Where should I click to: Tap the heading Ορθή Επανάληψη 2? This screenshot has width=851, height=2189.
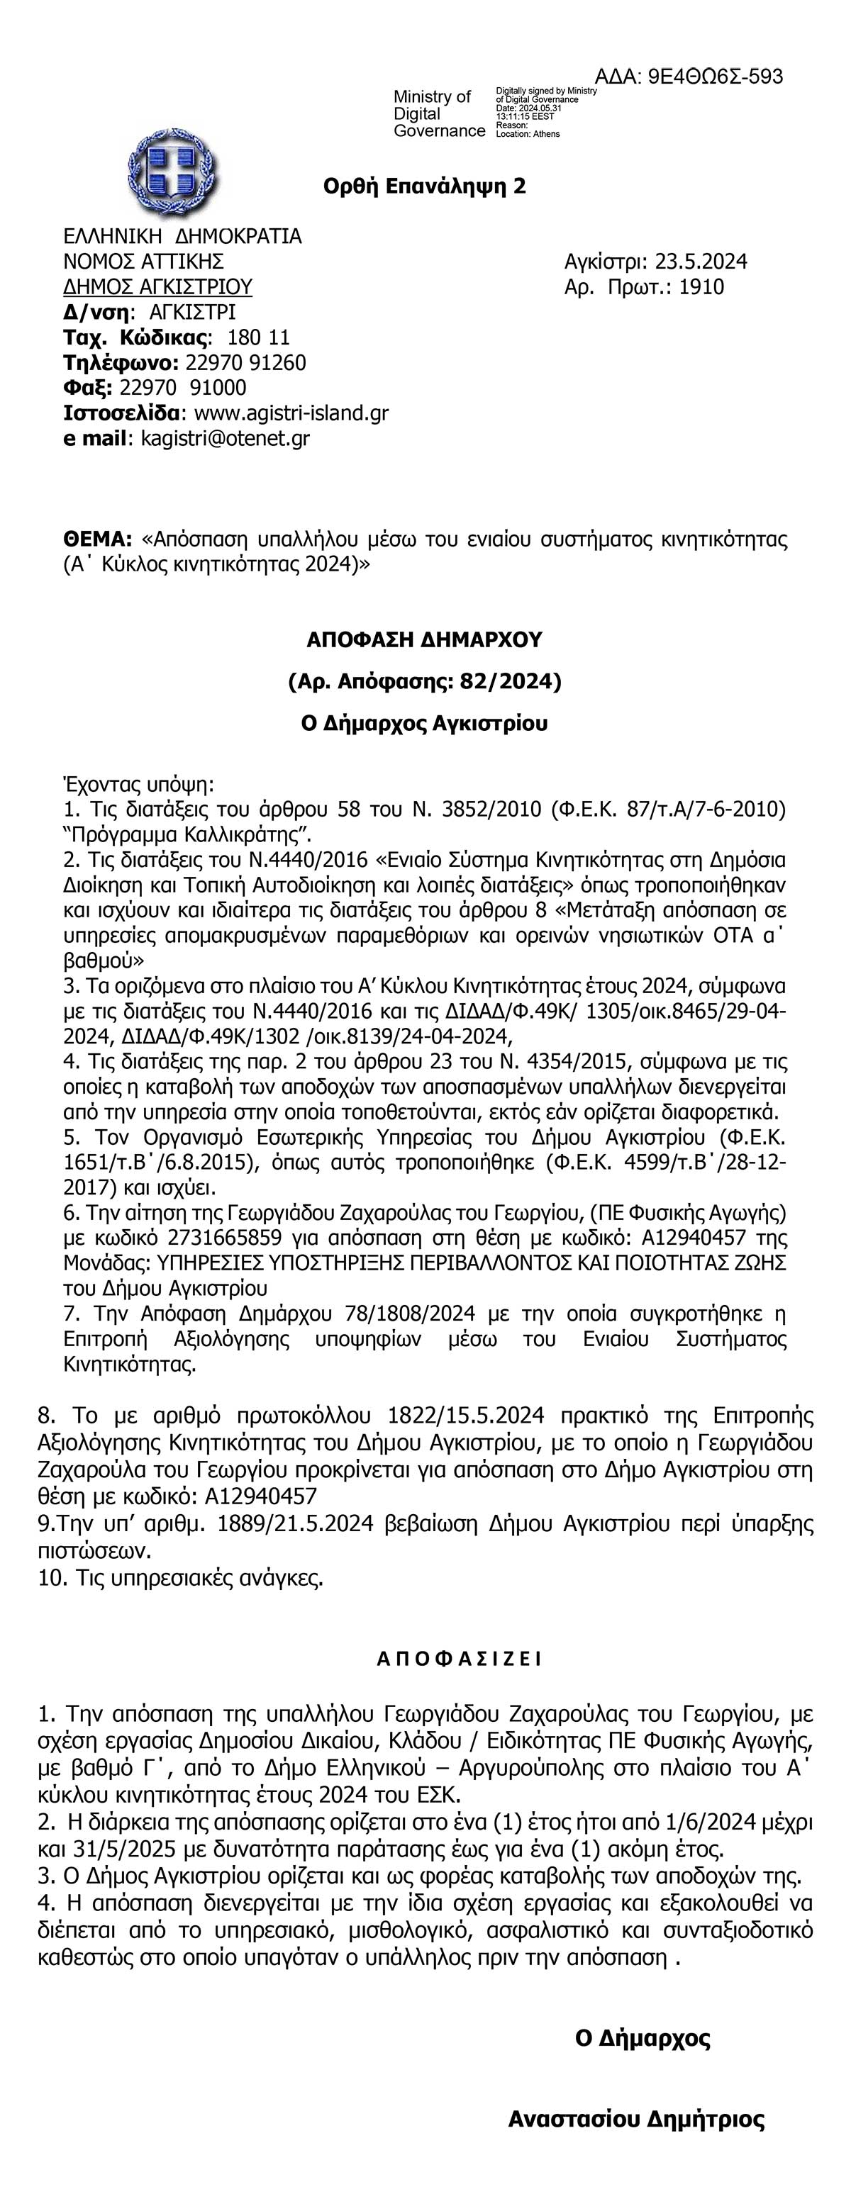click(424, 186)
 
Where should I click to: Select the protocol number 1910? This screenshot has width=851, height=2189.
click(701, 287)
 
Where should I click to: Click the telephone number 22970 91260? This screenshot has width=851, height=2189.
click(245, 363)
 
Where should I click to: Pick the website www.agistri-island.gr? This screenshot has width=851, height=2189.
click(291, 414)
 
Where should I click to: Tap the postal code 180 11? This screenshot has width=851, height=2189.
click(258, 337)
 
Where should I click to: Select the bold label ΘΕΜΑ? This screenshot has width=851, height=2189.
click(99, 539)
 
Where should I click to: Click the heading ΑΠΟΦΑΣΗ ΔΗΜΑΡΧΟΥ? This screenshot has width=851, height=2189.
click(424, 640)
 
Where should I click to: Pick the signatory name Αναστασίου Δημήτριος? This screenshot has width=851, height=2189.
click(636, 2120)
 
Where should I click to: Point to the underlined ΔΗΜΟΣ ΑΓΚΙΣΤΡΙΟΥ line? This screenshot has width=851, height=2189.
click(158, 286)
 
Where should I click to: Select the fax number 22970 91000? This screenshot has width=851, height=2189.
click(184, 388)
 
